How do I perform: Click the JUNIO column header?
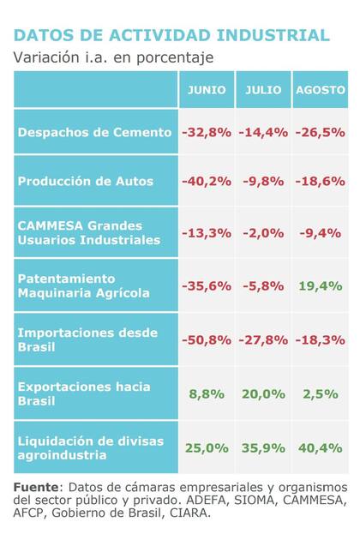click(207, 89)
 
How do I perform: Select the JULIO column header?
click(263, 89)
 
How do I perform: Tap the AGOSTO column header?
click(321, 89)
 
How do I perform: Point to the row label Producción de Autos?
click(86, 181)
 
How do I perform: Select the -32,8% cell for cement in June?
click(207, 132)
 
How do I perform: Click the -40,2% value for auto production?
click(207, 181)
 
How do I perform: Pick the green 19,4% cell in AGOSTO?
click(321, 286)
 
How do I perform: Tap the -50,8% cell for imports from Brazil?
click(207, 339)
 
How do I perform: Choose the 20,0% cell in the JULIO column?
click(263, 393)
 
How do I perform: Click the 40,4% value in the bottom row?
click(321, 447)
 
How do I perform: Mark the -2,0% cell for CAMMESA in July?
click(263, 232)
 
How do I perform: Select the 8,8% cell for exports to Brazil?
click(207, 393)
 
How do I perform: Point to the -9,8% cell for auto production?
click(263, 181)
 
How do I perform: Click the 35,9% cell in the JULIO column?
click(263, 447)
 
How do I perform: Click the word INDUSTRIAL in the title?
click(273, 35)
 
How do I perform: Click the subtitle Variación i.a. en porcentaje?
click(113, 57)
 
